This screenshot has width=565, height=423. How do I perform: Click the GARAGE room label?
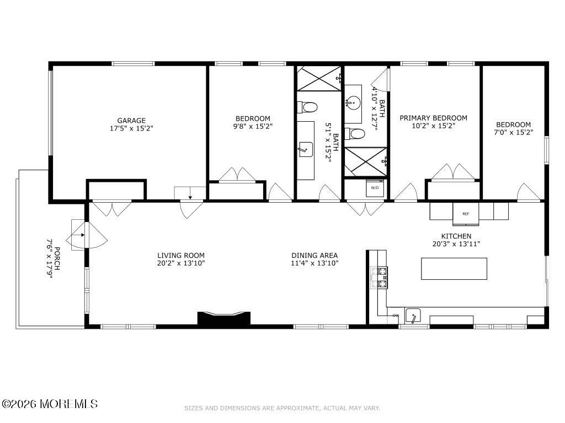pyautogui.click(x=131, y=121)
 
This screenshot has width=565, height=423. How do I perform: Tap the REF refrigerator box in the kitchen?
pyautogui.click(x=466, y=214)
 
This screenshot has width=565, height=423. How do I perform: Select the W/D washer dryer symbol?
pyautogui.click(x=375, y=188)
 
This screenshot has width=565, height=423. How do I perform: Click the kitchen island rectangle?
pyautogui.click(x=454, y=268)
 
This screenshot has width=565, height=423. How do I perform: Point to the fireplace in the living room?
pyautogui.click(x=224, y=319)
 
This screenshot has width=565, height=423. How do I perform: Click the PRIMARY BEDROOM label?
pyautogui.click(x=433, y=118)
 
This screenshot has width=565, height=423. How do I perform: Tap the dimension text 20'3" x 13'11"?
pyautogui.click(x=456, y=244)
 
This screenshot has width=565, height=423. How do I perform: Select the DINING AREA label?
pyautogui.click(x=315, y=256)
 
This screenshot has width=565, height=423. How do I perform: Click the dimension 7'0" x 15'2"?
pyautogui.click(x=513, y=132)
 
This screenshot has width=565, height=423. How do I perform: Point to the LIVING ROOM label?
pyautogui.click(x=181, y=256)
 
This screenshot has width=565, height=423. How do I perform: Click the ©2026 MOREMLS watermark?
pyautogui.click(x=50, y=404)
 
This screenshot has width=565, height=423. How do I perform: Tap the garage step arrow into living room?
pyautogui.click(x=190, y=194)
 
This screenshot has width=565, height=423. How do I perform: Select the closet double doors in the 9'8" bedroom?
pyautogui.click(x=237, y=175)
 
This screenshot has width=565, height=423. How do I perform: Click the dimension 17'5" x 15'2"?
pyautogui.click(x=131, y=128)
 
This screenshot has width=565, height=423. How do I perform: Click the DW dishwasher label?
pyautogui.click(x=396, y=316)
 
